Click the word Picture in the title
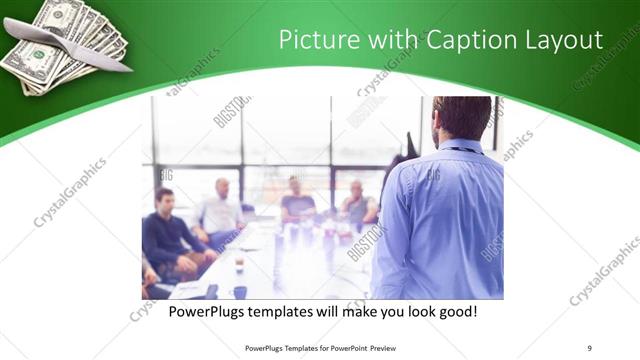point(314,40)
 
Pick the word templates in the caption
point(288,312)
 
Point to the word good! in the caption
point(456,312)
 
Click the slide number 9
point(590,348)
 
